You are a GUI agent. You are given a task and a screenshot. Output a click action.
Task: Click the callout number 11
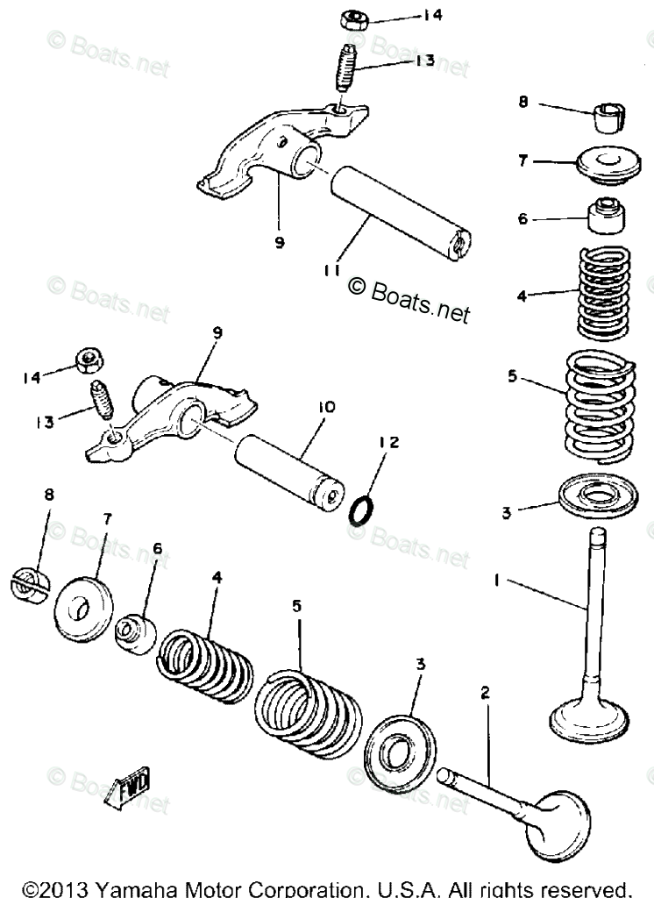tap(331, 271)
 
